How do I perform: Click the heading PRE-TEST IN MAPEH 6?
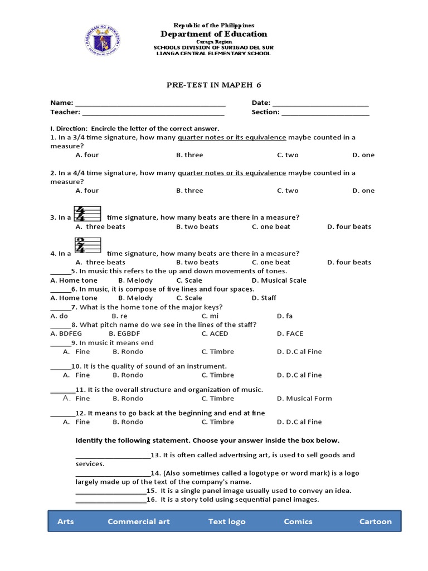(x=213, y=85)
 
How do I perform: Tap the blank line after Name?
(x=150, y=103)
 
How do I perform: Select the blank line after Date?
(x=320, y=103)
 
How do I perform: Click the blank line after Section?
(x=325, y=112)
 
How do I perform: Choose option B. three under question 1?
(x=189, y=155)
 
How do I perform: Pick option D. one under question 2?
(x=363, y=191)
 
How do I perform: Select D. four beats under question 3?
(x=349, y=226)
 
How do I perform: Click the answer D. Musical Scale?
(x=279, y=280)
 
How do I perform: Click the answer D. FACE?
(x=290, y=333)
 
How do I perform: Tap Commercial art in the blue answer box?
(x=139, y=521)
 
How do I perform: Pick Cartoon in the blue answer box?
(x=375, y=521)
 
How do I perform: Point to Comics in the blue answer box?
(x=298, y=521)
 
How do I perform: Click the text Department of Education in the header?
(x=213, y=34)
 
